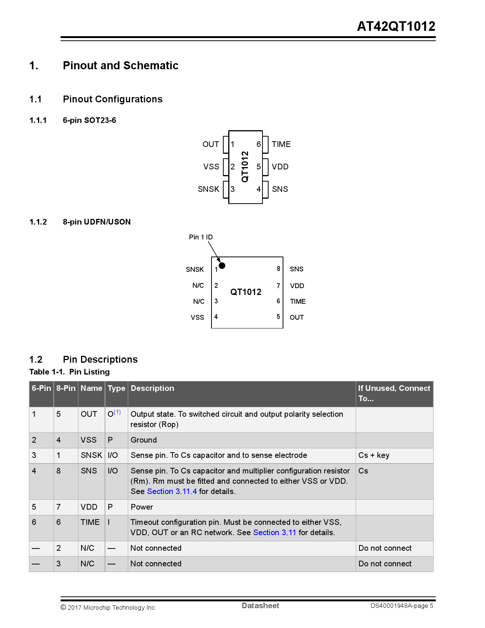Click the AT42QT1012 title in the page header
396,26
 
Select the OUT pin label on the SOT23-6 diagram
211,144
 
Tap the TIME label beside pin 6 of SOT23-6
281,144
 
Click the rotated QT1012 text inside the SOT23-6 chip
245,167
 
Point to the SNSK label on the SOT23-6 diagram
208,189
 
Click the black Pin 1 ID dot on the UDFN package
222,266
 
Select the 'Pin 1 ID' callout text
201,237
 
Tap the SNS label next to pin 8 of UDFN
296,269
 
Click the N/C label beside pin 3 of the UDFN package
199,301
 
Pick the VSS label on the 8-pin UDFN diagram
197,317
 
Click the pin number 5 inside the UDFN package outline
278,317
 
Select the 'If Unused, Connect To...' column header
394,393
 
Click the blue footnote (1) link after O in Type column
117,412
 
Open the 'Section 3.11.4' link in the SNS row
172,491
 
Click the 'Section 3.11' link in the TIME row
275,532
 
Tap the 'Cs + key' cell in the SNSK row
374,455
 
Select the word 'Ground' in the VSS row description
143,440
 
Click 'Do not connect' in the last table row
385,564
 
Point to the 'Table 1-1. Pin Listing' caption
70,372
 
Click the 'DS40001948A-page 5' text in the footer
402,606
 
